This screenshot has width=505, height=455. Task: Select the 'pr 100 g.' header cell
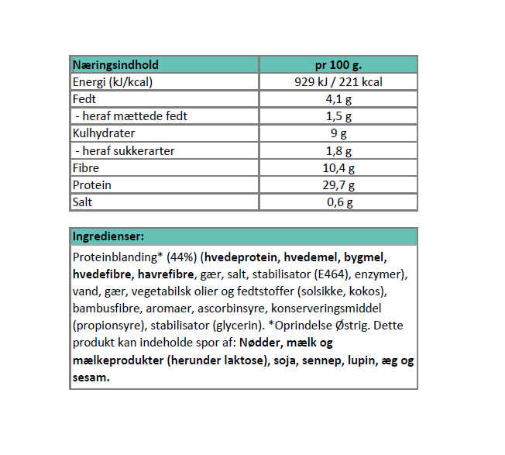tap(338, 65)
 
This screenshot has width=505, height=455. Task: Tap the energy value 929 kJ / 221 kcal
tap(338, 82)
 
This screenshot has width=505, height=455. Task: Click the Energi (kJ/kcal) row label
tap(112, 82)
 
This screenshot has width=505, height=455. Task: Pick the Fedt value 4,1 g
tap(338, 99)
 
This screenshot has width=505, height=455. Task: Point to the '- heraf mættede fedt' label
tap(130, 116)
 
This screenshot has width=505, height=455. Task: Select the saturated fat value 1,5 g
tap(338, 116)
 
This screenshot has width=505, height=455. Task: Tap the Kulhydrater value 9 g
tap(338, 133)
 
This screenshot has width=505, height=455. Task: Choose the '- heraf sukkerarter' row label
tap(124, 150)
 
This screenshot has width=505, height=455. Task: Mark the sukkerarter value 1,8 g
tap(338, 150)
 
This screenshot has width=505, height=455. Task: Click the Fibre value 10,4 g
tap(338, 167)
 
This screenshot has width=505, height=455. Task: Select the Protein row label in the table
tap(91, 184)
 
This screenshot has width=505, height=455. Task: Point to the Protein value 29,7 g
tap(338, 184)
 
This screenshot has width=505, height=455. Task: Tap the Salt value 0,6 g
tap(338, 202)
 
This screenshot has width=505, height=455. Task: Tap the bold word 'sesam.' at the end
tap(91, 377)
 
